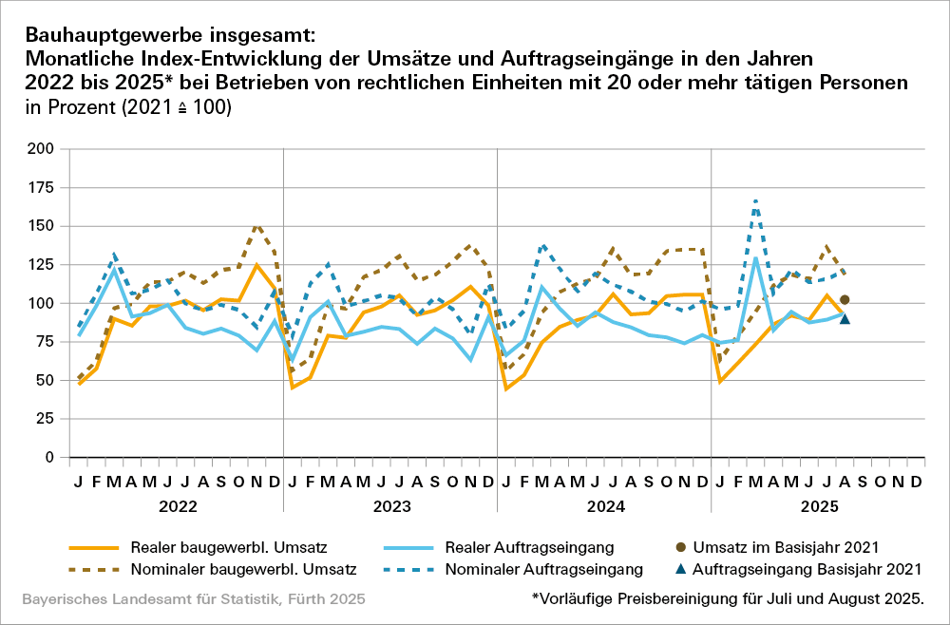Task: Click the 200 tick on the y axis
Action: pyautogui.click(x=41, y=149)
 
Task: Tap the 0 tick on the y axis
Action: pyautogui.click(x=49, y=458)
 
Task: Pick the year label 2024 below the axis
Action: pyautogui.click(x=605, y=507)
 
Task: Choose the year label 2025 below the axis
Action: pyautogui.click(x=819, y=507)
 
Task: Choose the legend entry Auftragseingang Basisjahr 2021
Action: pyautogui.click(x=807, y=570)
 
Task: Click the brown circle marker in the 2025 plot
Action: pyautogui.click(x=845, y=300)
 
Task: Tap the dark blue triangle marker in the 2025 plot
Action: pyautogui.click(x=845, y=318)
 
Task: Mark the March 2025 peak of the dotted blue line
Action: pyautogui.click(x=755, y=201)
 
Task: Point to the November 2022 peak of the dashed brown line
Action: pyautogui.click(x=256, y=226)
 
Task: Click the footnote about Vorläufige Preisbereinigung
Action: pyautogui.click(x=729, y=599)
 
